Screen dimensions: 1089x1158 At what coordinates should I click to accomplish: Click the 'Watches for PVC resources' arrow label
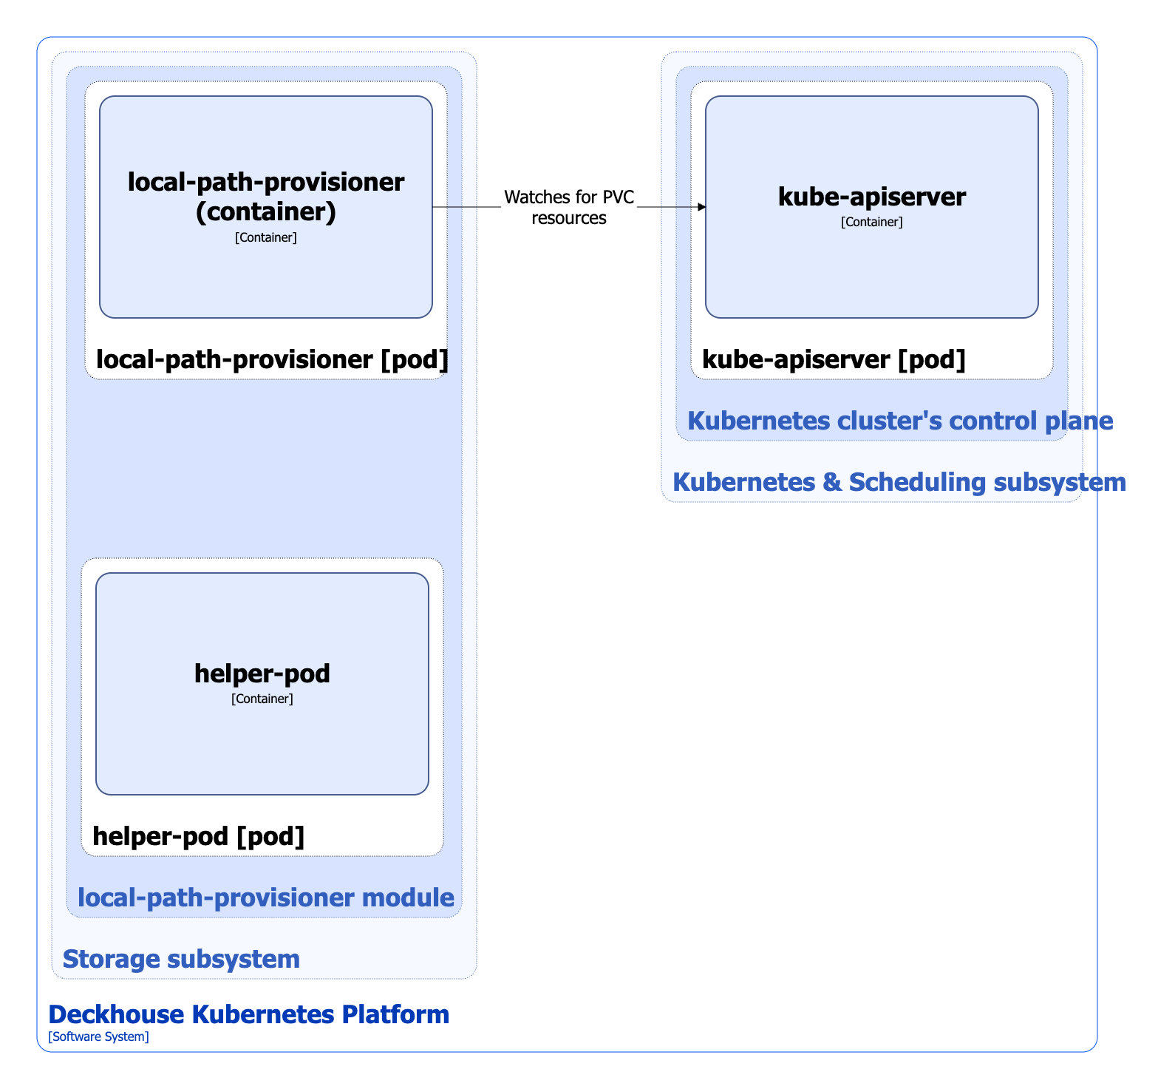point(569,208)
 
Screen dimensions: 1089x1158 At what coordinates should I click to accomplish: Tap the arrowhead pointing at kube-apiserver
point(702,208)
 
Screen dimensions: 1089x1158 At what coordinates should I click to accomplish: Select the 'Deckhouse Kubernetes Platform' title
point(248,1014)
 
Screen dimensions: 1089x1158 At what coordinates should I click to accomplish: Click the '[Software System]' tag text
point(98,1037)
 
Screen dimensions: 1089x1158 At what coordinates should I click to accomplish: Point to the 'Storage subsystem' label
point(181,959)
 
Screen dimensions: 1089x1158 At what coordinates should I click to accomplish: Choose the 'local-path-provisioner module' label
point(265,898)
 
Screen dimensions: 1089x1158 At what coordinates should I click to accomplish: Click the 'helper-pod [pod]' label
point(198,836)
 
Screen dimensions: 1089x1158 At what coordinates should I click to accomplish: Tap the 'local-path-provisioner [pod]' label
point(272,359)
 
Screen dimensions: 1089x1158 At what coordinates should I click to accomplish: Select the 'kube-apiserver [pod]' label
point(834,359)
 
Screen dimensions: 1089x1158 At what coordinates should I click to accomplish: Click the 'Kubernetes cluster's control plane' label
point(900,421)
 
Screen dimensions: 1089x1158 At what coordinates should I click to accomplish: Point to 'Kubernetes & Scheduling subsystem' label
point(899,482)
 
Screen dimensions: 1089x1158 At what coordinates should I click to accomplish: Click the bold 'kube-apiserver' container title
point(872,197)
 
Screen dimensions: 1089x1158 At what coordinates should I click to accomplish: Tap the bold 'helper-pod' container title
point(262,674)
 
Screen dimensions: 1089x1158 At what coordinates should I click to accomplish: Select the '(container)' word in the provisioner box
point(266,212)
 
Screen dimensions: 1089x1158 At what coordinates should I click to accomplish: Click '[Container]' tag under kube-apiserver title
point(872,222)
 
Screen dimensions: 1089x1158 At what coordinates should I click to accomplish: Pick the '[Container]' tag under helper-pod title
point(262,699)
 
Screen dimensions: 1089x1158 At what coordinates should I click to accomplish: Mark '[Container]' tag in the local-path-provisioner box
point(266,237)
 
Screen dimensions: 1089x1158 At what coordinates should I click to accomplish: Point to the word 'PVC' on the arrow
point(619,197)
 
